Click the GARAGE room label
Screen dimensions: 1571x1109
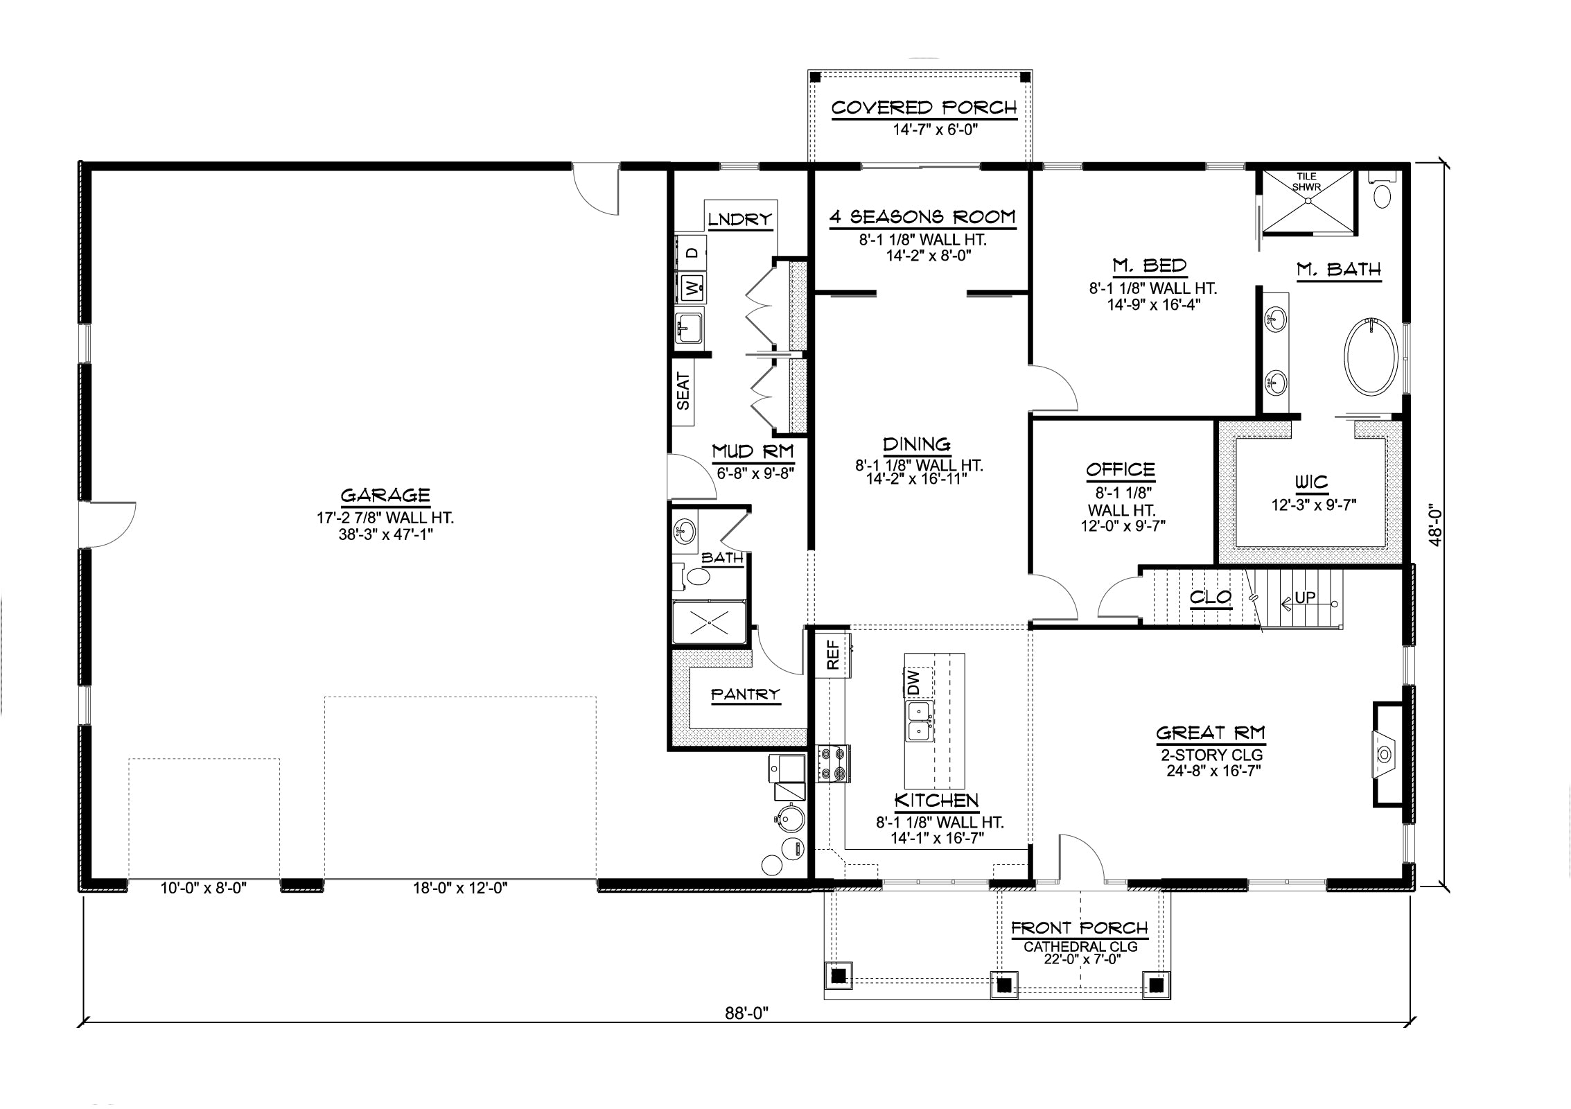385,495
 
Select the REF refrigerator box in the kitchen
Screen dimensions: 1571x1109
833,654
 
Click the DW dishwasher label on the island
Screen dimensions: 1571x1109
913,682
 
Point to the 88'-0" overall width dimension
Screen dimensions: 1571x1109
747,1013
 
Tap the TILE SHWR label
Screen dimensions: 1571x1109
1307,182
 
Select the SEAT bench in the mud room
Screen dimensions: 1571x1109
684,393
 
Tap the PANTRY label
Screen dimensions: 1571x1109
745,694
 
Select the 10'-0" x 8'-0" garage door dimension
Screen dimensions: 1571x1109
204,888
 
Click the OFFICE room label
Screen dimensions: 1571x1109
1121,470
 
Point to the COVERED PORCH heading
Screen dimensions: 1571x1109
924,108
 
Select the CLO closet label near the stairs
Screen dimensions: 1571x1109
1210,597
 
